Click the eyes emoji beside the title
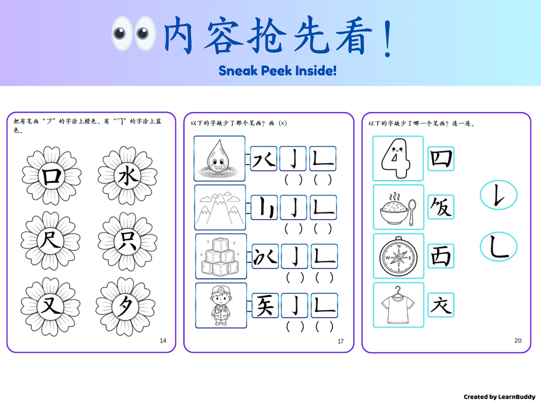[x=134, y=33]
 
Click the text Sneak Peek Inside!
[x=278, y=71]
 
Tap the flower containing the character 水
[x=128, y=176]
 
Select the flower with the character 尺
[x=51, y=241]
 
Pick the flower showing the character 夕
[x=125, y=306]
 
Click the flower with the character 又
[x=51, y=306]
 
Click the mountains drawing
[x=220, y=208]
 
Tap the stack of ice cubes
[x=221, y=257]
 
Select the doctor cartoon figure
[x=221, y=305]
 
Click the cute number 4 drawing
[x=397, y=158]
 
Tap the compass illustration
[x=398, y=256]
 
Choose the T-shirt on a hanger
[x=398, y=305]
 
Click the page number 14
[x=163, y=341]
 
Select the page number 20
[x=518, y=341]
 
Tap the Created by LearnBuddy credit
[x=499, y=397]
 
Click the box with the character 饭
[x=440, y=207]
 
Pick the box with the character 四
[x=440, y=159]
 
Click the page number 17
[x=341, y=341]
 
